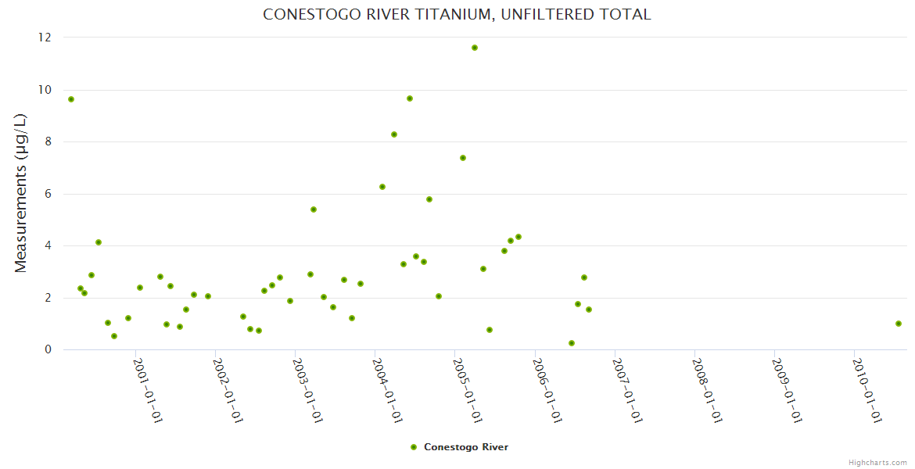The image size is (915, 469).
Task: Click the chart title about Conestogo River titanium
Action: coord(457,14)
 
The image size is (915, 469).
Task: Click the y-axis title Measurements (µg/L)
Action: coord(21,193)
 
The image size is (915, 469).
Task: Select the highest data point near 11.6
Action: coord(475,48)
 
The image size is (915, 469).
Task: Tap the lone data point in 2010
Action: coord(899,324)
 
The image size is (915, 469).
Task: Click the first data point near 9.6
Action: coord(71,99)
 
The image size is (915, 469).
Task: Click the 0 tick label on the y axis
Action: coord(48,349)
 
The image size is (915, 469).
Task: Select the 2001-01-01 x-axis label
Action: coord(147,390)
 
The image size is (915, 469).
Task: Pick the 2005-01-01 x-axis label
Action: coord(467,390)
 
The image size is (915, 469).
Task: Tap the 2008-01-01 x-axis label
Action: coord(706,390)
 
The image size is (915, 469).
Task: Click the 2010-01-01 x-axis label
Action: coord(867,390)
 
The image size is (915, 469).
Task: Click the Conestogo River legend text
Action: coord(466,447)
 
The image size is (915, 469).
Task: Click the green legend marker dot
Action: coord(414,447)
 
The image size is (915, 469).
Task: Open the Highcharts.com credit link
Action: coord(877,462)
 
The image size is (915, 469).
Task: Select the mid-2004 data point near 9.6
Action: coord(410,98)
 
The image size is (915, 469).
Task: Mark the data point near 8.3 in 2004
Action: coord(394,134)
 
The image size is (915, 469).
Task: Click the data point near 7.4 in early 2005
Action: coord(463,158)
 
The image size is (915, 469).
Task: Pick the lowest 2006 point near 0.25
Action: coord(572,343)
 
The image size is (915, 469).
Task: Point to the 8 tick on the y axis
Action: coord(48,141)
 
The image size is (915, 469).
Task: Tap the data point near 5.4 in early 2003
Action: coord(314,209)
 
